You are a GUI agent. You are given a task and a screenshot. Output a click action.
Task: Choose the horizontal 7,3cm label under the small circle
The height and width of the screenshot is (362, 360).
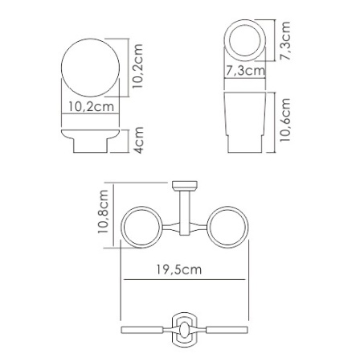tap(244, 71)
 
